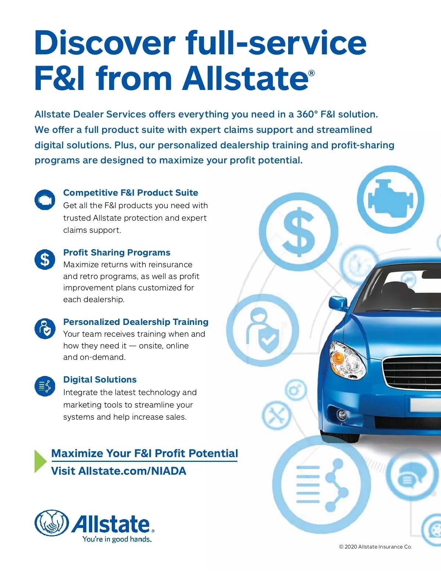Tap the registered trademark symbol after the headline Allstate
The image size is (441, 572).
pos(312,73)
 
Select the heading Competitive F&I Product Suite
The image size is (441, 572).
pos(130,193)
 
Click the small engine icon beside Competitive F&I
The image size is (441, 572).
pos(45,200)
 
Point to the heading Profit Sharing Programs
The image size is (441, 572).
pos(116,253)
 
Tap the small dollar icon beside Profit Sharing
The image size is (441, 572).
pos(45,259)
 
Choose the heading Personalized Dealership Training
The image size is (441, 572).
pos(136,322)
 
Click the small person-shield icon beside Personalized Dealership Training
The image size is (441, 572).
pos(45,329)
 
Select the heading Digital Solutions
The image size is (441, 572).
pos(100,380)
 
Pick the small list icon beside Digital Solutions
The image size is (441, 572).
pos(45,386)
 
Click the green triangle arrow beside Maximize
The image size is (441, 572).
pos(40,461)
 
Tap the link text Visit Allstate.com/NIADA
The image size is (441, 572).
pos(118,471)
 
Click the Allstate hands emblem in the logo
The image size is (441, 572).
pos(52,523)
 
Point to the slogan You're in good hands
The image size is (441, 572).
pos(117,539)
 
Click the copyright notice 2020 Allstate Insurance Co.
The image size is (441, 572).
pos(375,547)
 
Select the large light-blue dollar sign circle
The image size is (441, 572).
pos(299,232)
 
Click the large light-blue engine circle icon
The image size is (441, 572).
pos(391,200)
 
